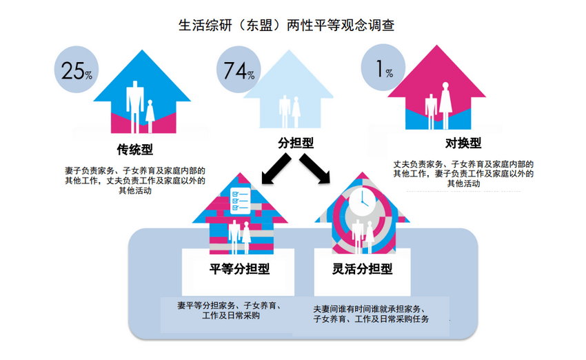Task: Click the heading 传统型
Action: coord(134,150)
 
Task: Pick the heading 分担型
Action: coord(296,143)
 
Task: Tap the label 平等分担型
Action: coord(240,268)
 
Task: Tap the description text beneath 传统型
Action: coord(134,179)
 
